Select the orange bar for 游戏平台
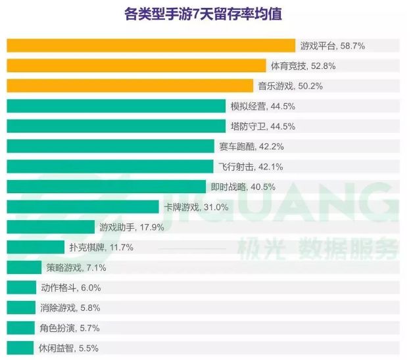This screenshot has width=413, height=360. (x=151, y=45)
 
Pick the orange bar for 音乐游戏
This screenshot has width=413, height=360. (x=130, y=86)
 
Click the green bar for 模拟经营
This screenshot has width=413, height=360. (x=116, y=106)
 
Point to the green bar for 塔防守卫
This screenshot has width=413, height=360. (x=116, y=126)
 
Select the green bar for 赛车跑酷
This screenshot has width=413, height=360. (x=110, y=146)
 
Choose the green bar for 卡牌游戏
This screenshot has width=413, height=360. (x=82, y=207)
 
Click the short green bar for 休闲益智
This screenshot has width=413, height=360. (x=20, y=348)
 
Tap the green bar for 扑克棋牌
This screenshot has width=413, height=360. (x=35, y=248)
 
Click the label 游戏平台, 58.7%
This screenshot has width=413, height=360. (x=332, y=46)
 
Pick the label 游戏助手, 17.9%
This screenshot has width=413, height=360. (x=131, y=227)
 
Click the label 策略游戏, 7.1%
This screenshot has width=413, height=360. (x=76, y=267)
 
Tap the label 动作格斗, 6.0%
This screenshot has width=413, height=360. (x=70, y=288)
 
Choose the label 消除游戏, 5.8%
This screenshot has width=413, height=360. (x=70, y=308)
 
